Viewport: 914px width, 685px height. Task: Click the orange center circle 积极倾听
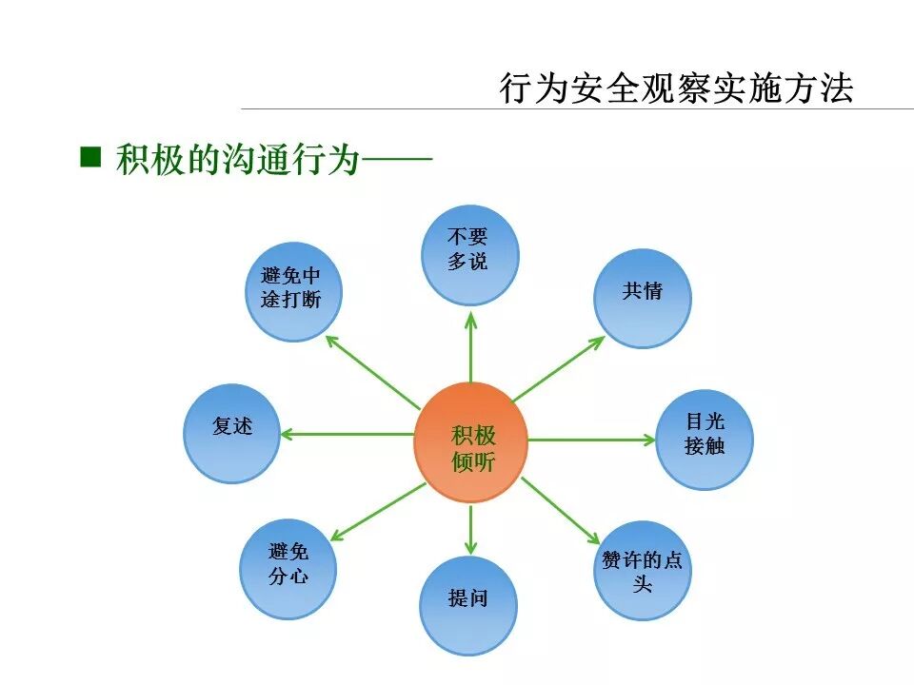click(x=470, y=442)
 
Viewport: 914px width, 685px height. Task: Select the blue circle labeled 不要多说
click(x=469, y=254)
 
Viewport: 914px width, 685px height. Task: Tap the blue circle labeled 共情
click(x=643, y=297)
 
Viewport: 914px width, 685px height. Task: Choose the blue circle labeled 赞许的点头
click(x=643, y=571)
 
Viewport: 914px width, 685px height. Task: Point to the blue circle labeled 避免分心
click(x=288, y=569)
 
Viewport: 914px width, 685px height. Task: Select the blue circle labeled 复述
click(x=232, y=433)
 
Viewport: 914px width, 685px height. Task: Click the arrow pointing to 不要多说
click(x=470, y=347)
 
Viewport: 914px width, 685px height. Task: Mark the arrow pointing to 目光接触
click(x=590, y=440)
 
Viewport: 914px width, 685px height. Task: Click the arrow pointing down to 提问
click(x=470, y=528)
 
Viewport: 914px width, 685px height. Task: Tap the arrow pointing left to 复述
click(x=348, y=435)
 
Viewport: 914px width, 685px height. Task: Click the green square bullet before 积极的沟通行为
click(x=90, y=156)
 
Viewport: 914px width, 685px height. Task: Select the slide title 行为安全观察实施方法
click(x=677, y=88)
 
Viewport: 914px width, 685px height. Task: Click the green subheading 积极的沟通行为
click(x=238, y=159)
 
